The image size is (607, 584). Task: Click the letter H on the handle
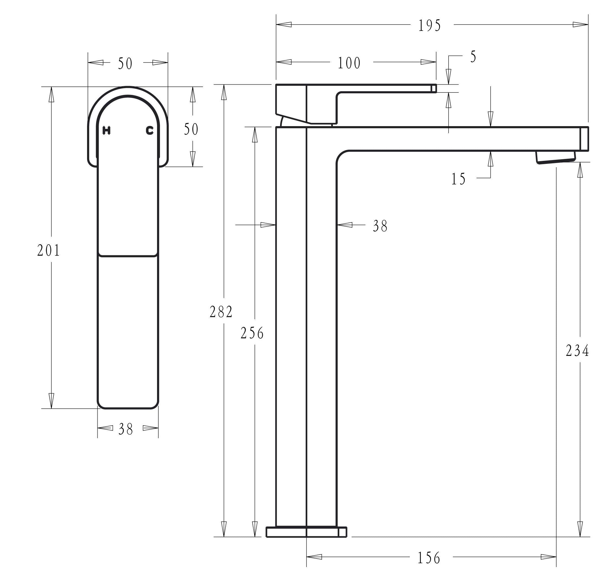coord(107,131)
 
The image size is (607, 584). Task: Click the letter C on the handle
coord(150,131)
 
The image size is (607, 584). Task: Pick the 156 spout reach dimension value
coord(429,558)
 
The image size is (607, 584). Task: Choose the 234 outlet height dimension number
coord(577,351)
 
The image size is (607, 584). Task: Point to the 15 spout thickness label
coord(458,179)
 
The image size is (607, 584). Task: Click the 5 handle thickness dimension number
coord(473,57)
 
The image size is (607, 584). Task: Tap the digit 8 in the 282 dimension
coord(221,312)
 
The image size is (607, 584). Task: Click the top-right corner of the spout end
coord(588,127)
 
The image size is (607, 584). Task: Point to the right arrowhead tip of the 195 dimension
coord(588,24)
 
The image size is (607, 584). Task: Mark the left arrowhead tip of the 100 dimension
coord(276,62)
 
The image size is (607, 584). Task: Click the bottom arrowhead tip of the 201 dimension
coord(51,408)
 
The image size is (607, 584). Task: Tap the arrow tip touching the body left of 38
coord(276,225)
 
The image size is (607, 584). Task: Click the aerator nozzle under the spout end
coord(556,157)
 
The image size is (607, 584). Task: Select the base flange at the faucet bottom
coord(306,532)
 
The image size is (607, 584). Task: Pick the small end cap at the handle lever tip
coord(434,88)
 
